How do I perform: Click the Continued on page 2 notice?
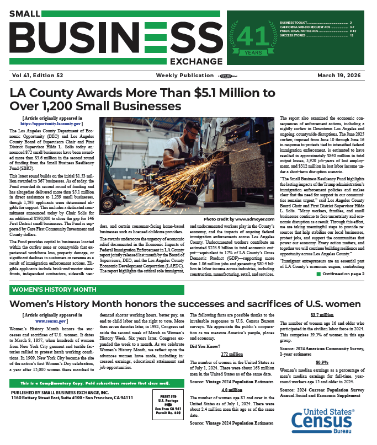(x=339, y=274)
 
